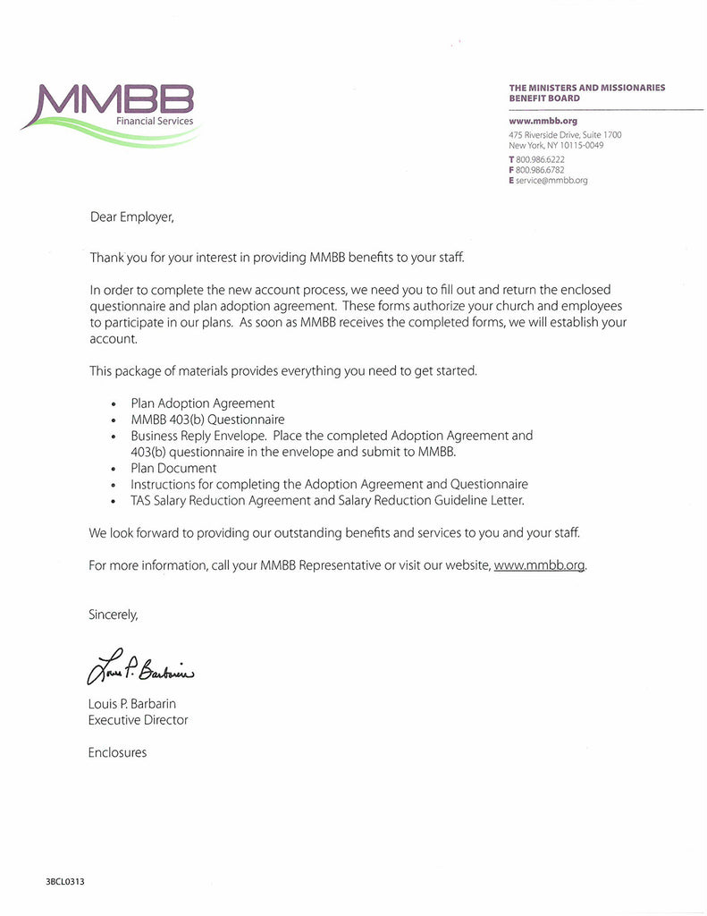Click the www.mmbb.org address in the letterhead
tap(543, 120)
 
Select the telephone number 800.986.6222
tap(540, 159)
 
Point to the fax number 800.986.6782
tap(540, 169)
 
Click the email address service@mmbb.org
tap(551, 180)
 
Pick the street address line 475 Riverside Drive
tap(565, 135)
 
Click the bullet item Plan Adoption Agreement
tap(203, 403)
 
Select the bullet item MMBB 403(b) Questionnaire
tap(207, 420)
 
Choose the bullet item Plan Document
tap(173, 468)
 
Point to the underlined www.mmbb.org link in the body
tap(539, 565)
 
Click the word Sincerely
tap(114, 615)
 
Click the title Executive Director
tap(138, 720)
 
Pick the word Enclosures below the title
tap(117, 752)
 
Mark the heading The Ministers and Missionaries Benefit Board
tap(586, 93)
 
